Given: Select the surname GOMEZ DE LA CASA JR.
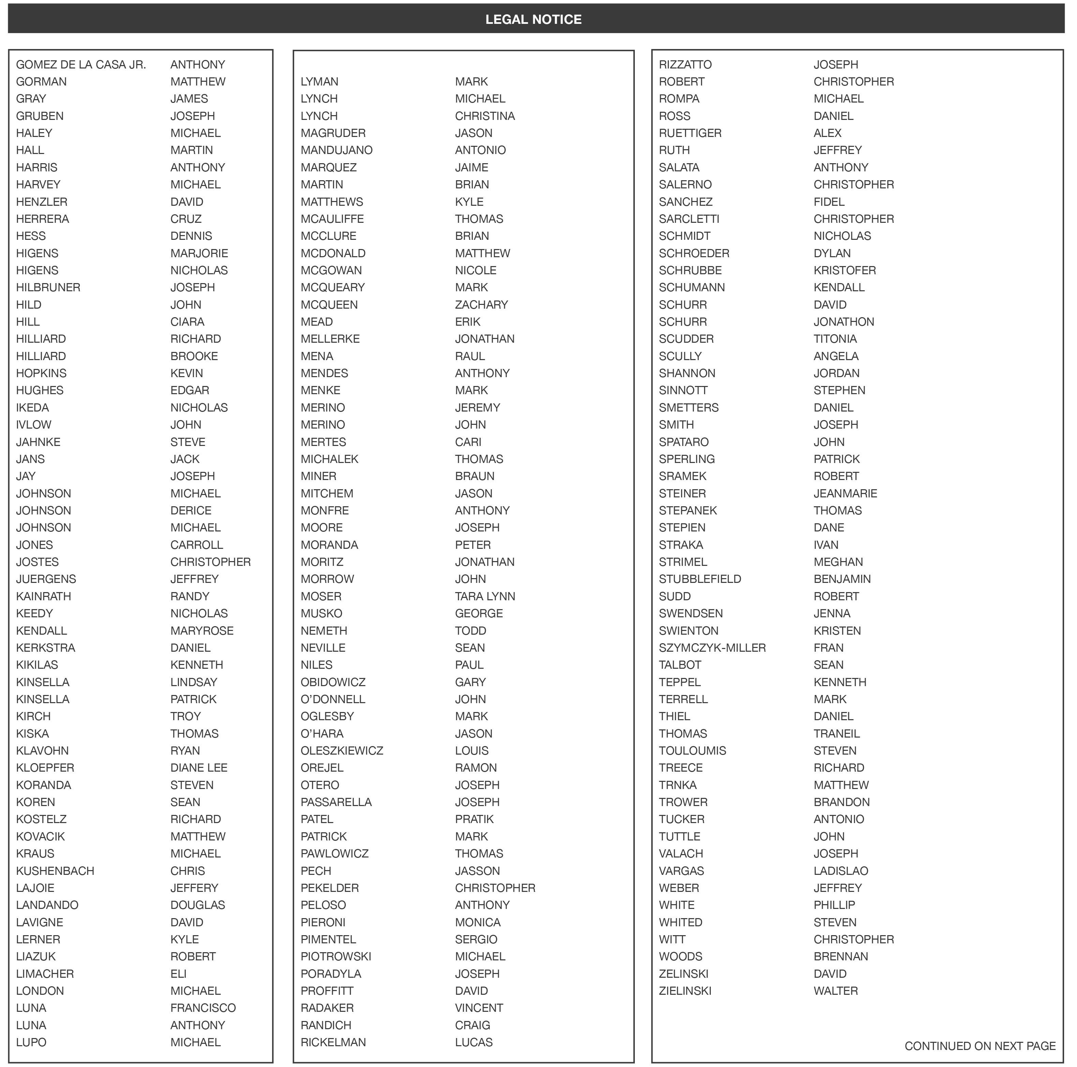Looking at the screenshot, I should [81, 65].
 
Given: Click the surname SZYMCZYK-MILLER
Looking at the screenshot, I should [712, 647].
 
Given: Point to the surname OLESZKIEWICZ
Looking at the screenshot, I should [342, 751].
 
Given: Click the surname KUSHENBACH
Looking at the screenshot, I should [55, 870].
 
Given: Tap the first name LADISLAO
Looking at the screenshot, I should [841, 870].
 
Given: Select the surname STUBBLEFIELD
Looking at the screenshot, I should [700, 579].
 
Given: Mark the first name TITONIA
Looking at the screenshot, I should [835, 339].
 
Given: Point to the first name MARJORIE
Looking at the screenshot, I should [199, 253].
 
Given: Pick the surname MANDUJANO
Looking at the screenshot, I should [336, 150].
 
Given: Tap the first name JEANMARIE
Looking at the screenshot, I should [845, 493].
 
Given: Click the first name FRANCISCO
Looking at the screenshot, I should [203, 1007].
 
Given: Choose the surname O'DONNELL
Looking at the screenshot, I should [333, 699].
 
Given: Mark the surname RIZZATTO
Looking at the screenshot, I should [685, 65].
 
